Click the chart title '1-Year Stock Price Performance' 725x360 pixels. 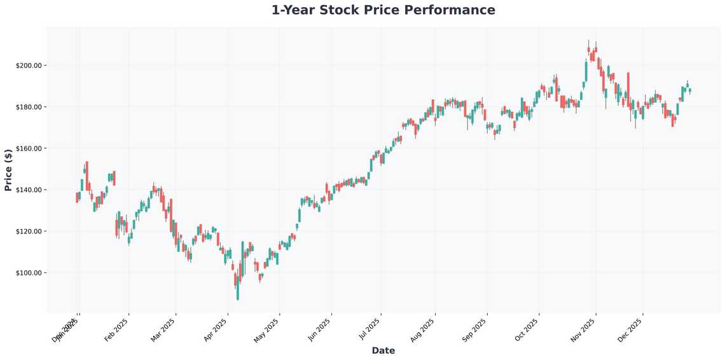point(383,10)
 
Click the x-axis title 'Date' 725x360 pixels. point(383,350)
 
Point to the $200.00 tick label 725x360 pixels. point(29,66)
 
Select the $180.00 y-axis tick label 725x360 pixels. point(29,107)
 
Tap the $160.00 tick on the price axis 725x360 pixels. point(29,148)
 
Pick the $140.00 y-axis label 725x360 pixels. point(29,190)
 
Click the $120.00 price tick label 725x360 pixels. point(29,232)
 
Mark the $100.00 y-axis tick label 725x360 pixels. point(29,273)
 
